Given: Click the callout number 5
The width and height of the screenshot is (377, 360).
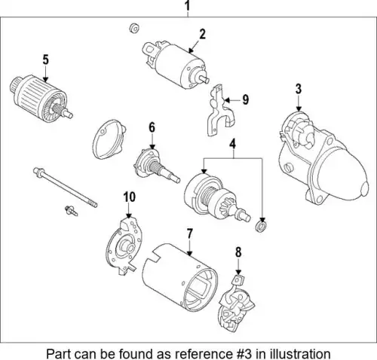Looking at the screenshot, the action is coord(45,60).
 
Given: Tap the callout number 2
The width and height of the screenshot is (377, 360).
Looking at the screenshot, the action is coord(203,35).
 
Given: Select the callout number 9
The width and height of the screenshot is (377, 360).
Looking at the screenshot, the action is coord(246,99).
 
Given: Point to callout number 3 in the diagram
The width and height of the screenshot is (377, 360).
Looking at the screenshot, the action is coord(299,89).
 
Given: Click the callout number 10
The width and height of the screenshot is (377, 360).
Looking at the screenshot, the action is coord(129,197).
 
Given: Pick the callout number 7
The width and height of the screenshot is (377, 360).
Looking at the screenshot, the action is coord(189,234).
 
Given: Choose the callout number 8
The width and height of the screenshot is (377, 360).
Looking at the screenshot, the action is coord(238,252).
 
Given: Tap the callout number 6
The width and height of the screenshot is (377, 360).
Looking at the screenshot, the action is coord(152,127).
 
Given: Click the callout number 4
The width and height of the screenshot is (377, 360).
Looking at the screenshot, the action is coord(233,145).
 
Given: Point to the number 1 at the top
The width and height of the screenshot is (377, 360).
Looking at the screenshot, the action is coord(187,6).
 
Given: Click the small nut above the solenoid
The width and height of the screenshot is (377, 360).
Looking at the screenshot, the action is coord(134,29).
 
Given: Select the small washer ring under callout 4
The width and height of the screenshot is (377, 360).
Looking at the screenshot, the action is coord(261,226).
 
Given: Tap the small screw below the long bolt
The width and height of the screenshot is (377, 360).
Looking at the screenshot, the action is coord(71,211).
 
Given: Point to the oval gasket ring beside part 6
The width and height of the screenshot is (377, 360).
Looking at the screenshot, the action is coord(109,139).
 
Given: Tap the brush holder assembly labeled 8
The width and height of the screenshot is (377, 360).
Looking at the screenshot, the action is coord(236,304).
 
